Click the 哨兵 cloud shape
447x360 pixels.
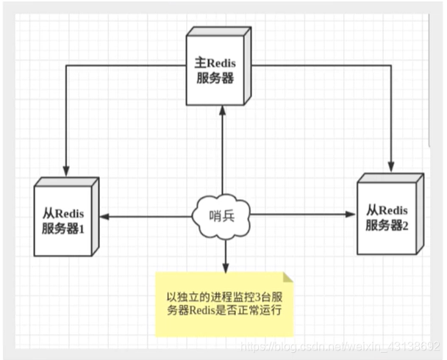coord(221,215)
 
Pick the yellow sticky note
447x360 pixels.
coord(223,302)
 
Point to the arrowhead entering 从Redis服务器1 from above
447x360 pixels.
coord(67,171)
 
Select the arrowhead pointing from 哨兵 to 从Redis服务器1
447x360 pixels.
coord(105,216)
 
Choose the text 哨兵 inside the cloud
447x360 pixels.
coord(221,216)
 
